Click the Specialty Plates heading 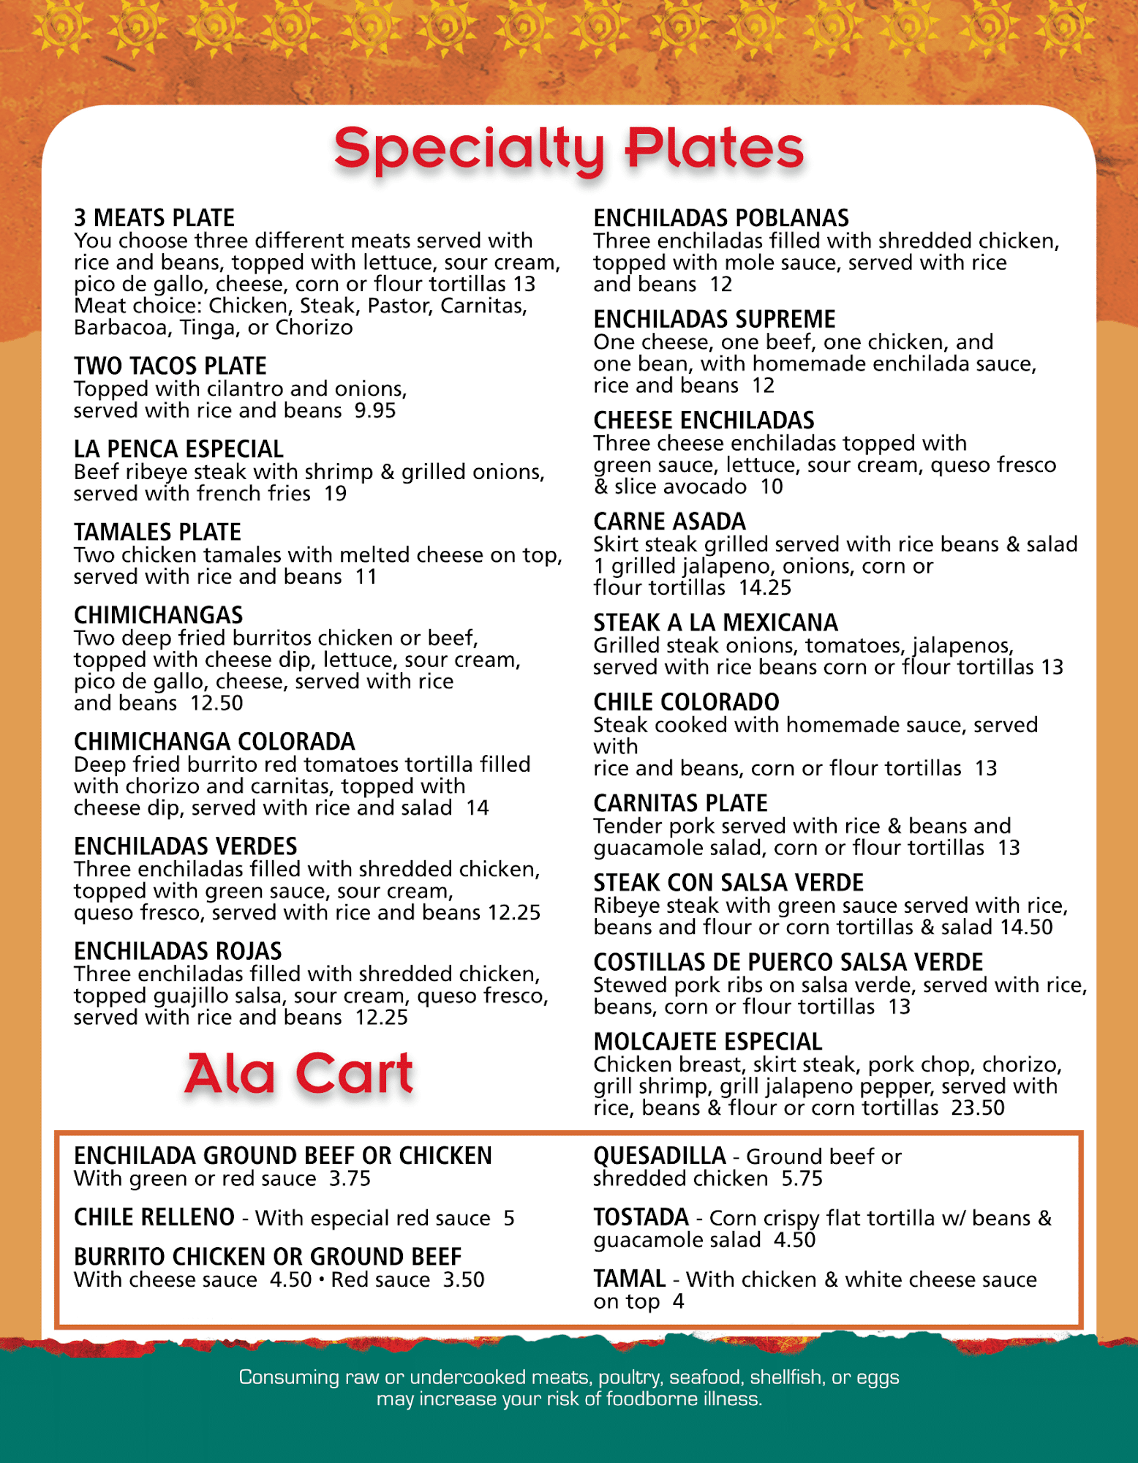(569, 148)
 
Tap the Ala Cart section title (299, 1074)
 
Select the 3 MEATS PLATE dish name (154, 218)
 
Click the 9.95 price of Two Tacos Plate (375, 410)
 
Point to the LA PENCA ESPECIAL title (178, 449)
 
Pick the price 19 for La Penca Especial (336, 494)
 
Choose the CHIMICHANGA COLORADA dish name (214, 742)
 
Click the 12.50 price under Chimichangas (216, 704)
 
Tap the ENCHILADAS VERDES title (185, 846)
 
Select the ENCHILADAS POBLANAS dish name (721, 218)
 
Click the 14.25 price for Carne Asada (765, 588)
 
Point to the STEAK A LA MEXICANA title (715, 623)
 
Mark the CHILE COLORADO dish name (686, 702)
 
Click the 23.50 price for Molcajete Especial (978, 1108)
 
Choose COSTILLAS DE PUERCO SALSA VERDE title (788, 962)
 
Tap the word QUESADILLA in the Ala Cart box (659, 1156)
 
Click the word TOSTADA (641, 1217)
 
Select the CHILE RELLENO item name (154, 1217)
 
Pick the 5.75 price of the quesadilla (802, 1178)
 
